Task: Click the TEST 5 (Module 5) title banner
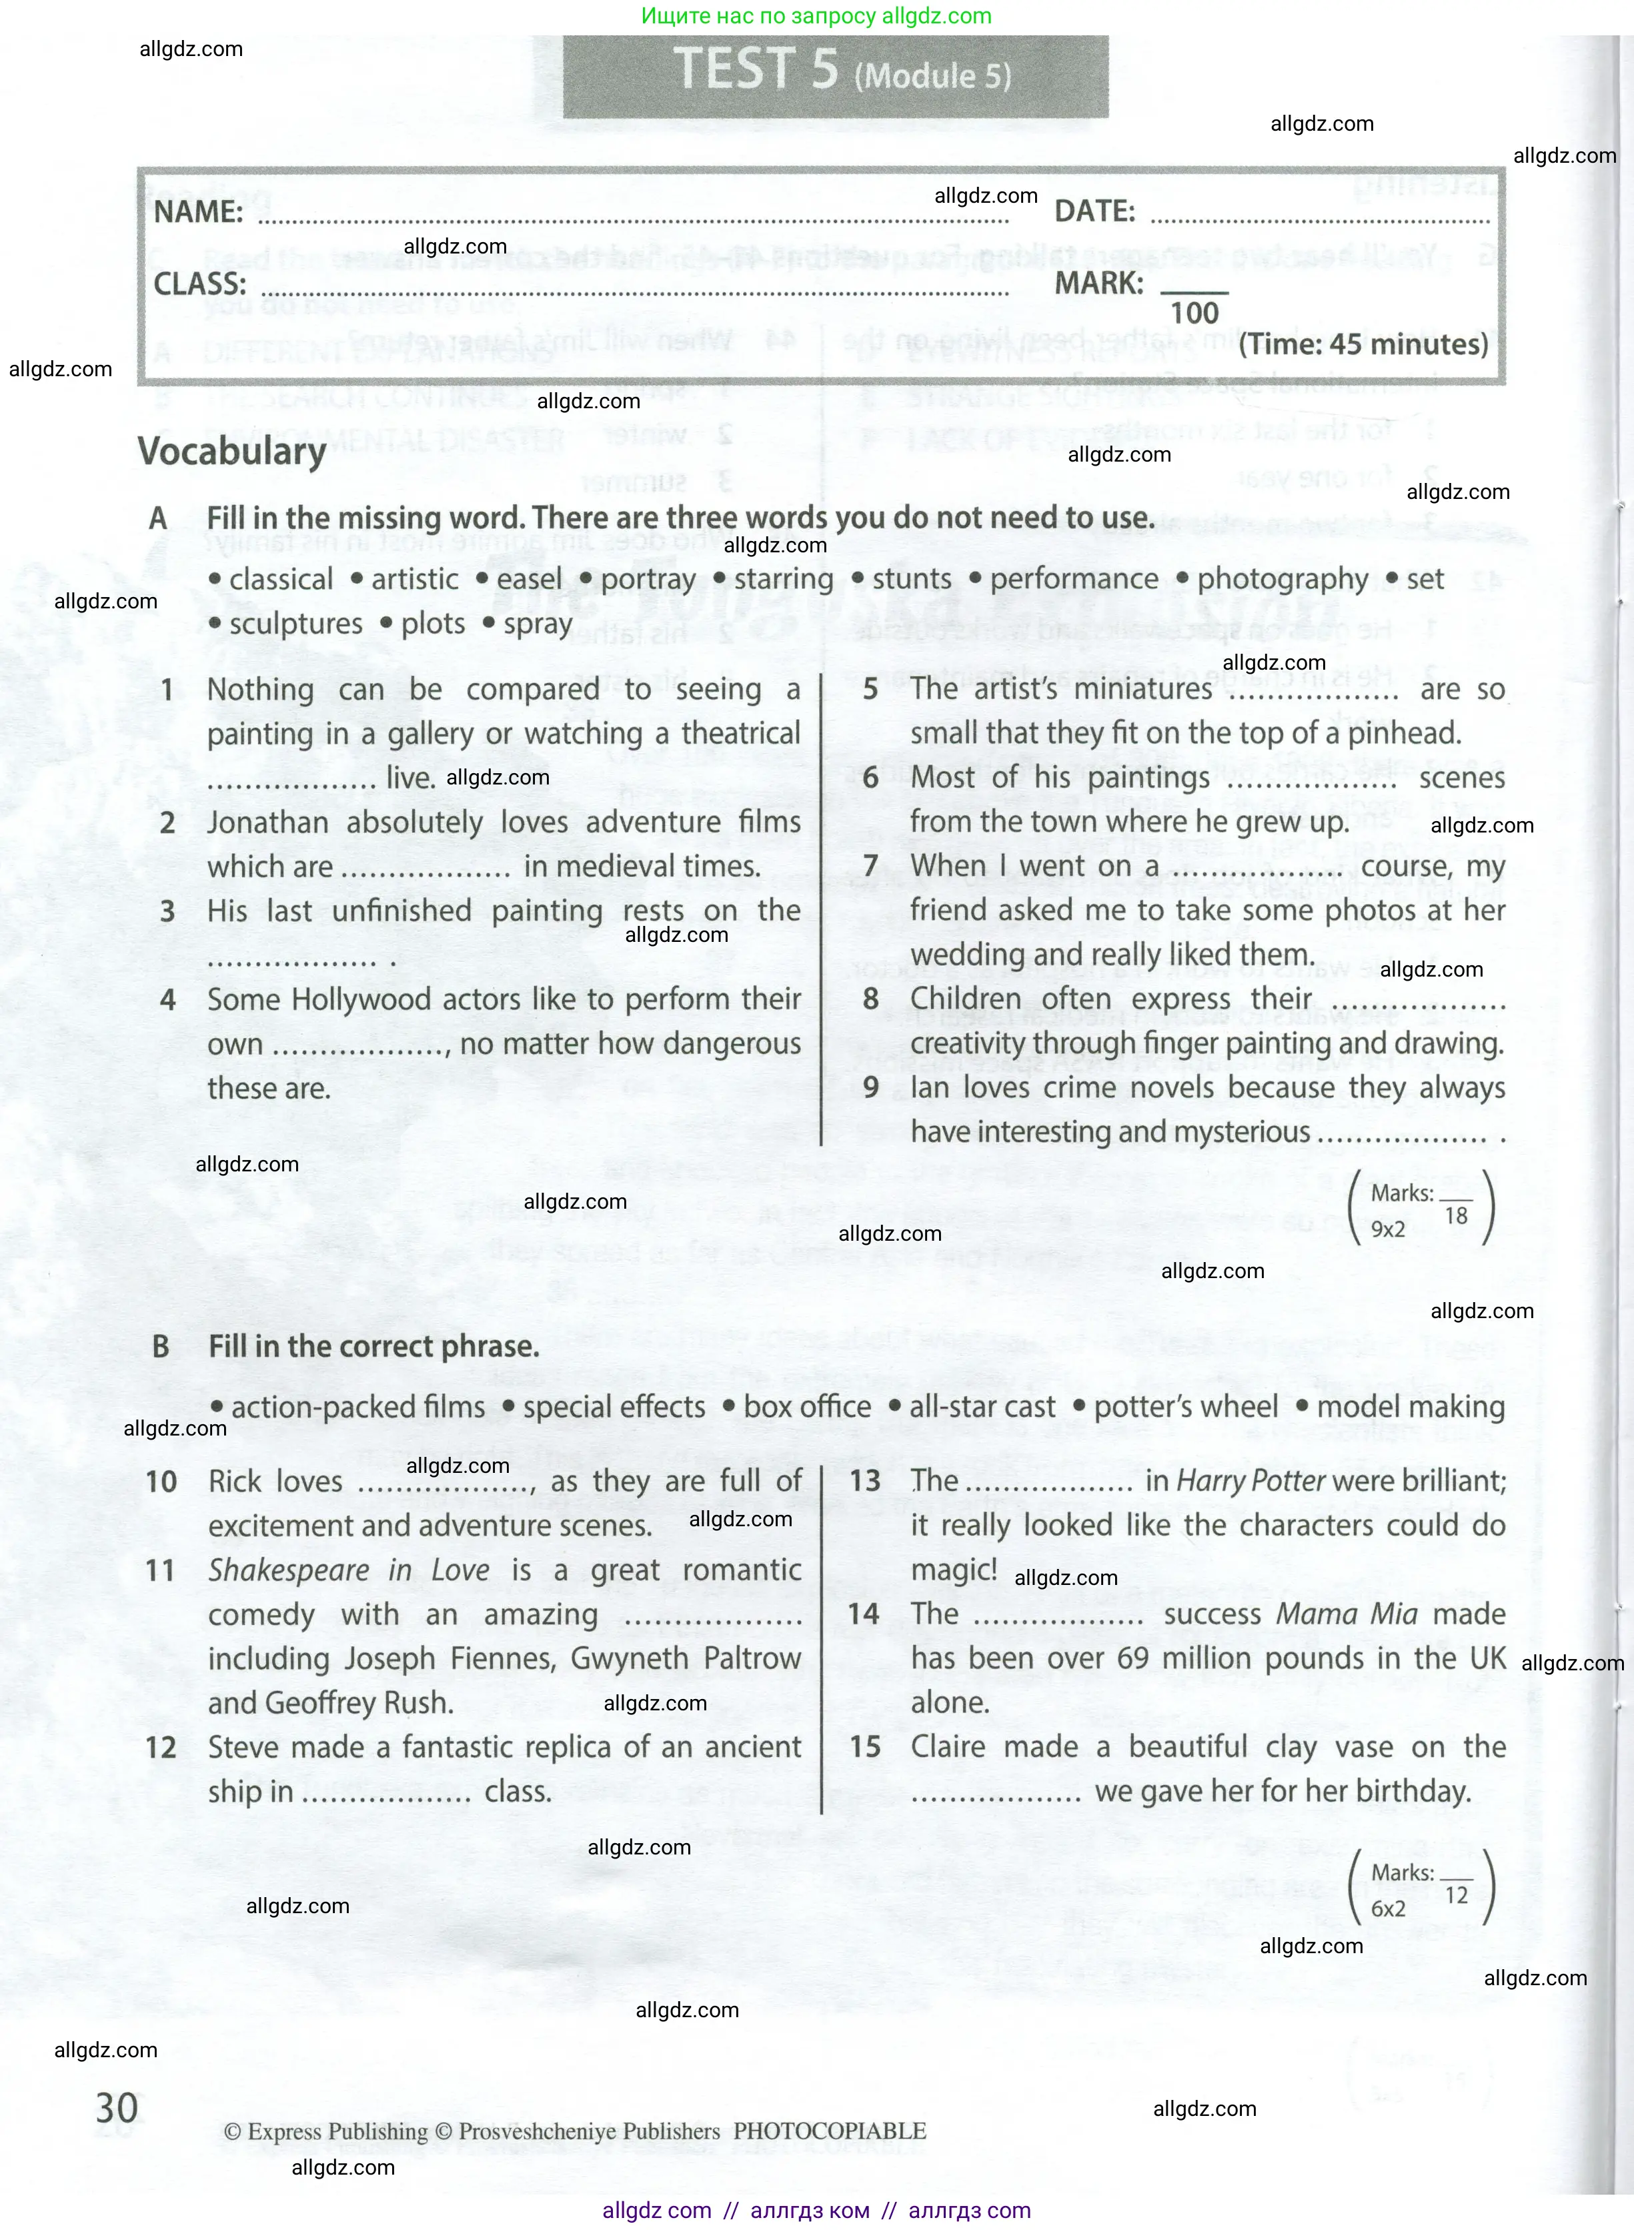836,74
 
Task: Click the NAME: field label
198,211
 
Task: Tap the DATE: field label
1094,211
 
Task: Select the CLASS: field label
199,284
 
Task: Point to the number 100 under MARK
1194,314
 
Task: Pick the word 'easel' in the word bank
529,579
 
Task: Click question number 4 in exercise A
168,999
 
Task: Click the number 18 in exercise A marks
1456,1216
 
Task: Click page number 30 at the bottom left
117,2107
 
